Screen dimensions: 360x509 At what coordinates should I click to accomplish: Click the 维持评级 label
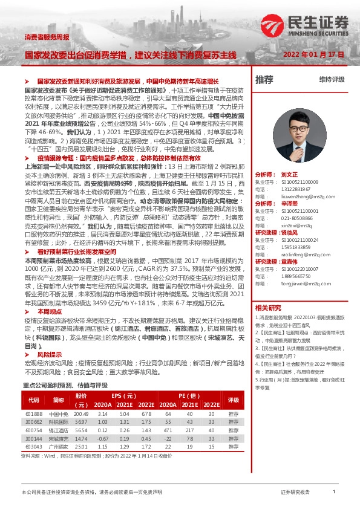point(332,80)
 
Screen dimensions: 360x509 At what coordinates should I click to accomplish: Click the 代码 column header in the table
point(34,400)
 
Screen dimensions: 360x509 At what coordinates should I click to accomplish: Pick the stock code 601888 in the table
point(34,413)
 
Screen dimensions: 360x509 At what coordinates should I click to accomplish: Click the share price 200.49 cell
point(81,413)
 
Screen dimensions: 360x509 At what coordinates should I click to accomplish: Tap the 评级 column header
point(233,400)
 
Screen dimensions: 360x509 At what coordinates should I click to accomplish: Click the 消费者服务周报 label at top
point(47,37)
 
